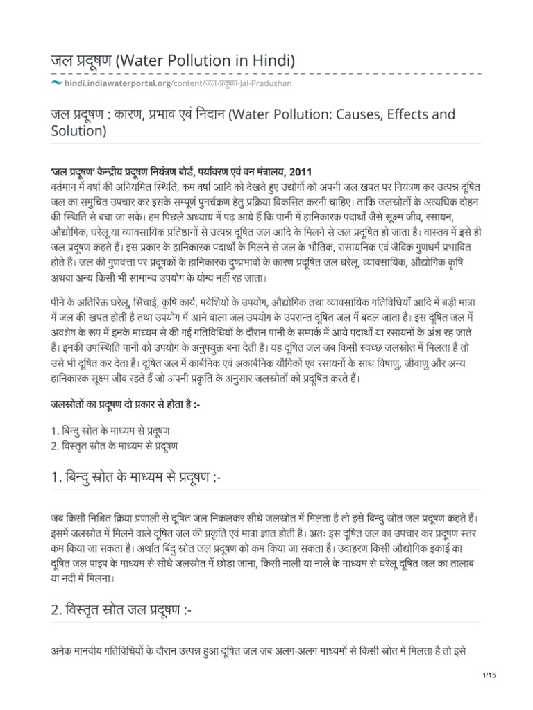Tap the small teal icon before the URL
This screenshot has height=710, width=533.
(56, 83)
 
